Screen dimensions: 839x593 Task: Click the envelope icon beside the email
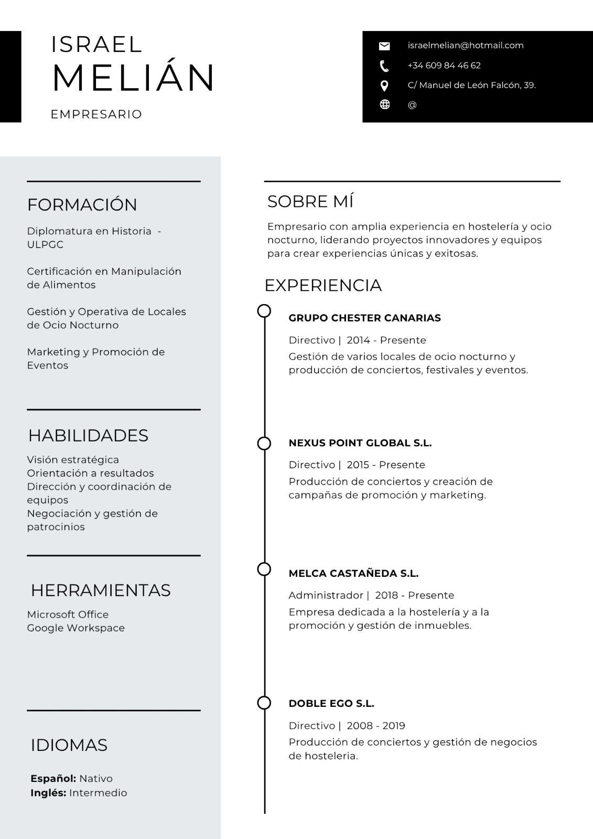[x=384, y=46]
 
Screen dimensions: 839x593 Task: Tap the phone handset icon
[x=384, y=66]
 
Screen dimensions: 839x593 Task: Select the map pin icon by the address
[x=384, y=85]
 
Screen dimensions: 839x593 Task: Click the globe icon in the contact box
[x=385, y=104]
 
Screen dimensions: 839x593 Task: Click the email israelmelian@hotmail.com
[x=466, y=46]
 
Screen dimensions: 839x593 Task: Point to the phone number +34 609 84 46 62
[x=444, y=66]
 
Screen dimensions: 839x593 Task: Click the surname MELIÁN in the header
[x=133, y=78]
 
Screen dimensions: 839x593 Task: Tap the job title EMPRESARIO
[x=96, y=114]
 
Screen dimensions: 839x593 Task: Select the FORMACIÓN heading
[x=82, y=205]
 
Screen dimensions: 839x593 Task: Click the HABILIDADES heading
[x=88, y=435]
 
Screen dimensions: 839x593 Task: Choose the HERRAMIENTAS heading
[x=101, y=590]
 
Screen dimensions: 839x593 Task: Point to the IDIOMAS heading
[x=69, y=745]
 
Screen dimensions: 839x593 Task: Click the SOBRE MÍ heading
[x=310, y=201]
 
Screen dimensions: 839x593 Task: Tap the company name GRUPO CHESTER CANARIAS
[x=365, y=318]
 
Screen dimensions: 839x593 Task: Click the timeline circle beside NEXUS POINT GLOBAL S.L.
[x=264, y=444]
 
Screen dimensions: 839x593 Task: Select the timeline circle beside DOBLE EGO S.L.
[x=264, y=703]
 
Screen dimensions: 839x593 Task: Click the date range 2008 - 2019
[x=376, y=726]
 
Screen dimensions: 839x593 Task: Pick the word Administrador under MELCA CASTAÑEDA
[x=326, y=595]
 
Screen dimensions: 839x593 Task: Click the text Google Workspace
[x=76, y=628]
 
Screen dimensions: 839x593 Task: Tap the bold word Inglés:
[x=48, y=793]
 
